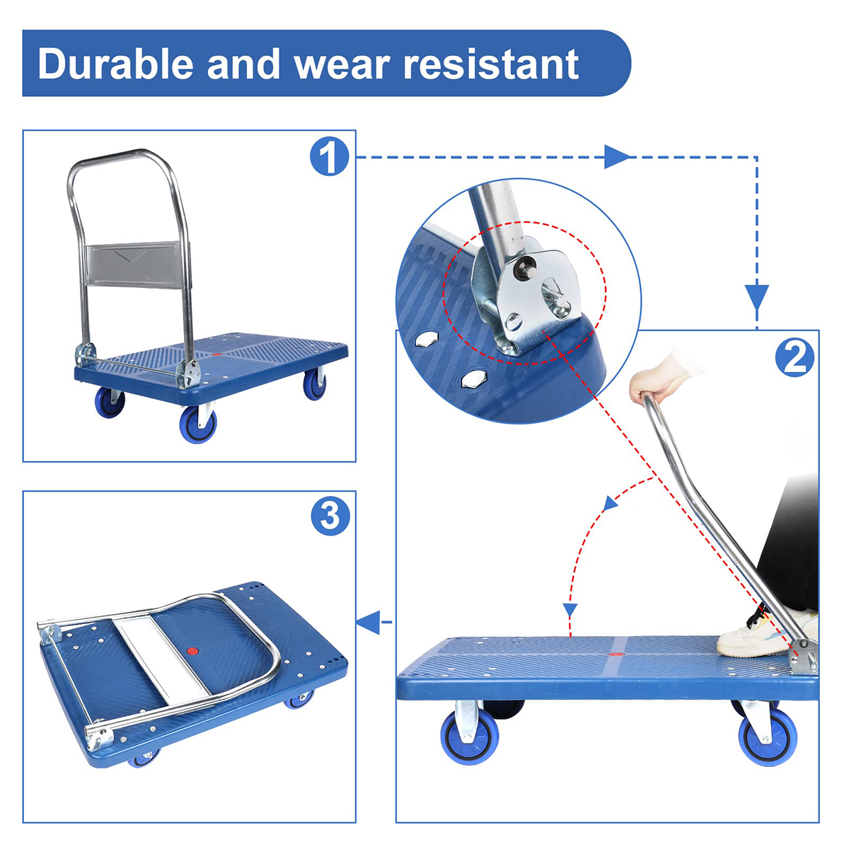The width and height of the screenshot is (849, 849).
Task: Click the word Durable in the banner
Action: pos(116,64)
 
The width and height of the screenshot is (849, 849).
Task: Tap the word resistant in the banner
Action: pos(491,64)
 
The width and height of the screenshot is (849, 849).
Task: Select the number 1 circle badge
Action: pos(330,157)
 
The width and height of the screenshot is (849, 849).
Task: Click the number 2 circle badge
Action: pos(795,357)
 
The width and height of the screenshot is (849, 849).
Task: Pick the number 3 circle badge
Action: pos(330,516)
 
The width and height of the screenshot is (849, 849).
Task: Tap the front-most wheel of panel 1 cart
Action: pos(197,424)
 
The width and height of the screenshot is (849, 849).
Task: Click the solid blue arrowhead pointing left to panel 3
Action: pos(368,623)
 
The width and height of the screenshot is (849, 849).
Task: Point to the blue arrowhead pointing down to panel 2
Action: pos(757,296)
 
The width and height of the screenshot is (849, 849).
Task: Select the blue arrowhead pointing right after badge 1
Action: pos(616,157)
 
